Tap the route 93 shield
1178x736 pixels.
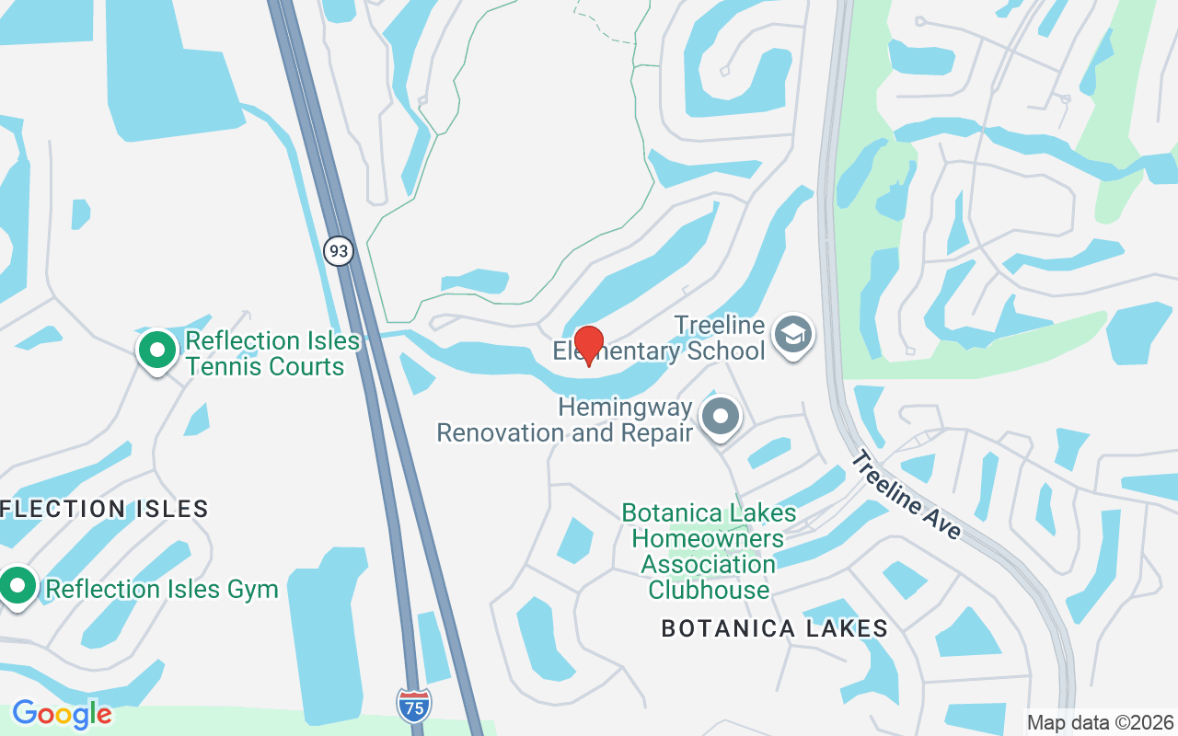point(339,250)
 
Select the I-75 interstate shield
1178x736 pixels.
point(414,705)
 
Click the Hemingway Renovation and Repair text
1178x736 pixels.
point(564,420)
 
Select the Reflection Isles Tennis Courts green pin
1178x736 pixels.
point(157,351)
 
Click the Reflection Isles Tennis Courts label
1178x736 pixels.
point(272,353)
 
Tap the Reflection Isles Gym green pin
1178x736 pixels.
point(17,586)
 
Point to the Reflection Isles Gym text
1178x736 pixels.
point(162,589)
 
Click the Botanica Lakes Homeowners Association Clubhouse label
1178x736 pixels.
point(709,551)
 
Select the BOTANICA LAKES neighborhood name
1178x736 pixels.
point(774,628)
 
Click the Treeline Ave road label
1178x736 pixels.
point(906,494)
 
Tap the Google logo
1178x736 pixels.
point(62,713)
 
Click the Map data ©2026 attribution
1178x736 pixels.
point(1101,722)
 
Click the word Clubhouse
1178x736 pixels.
point(709,590)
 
